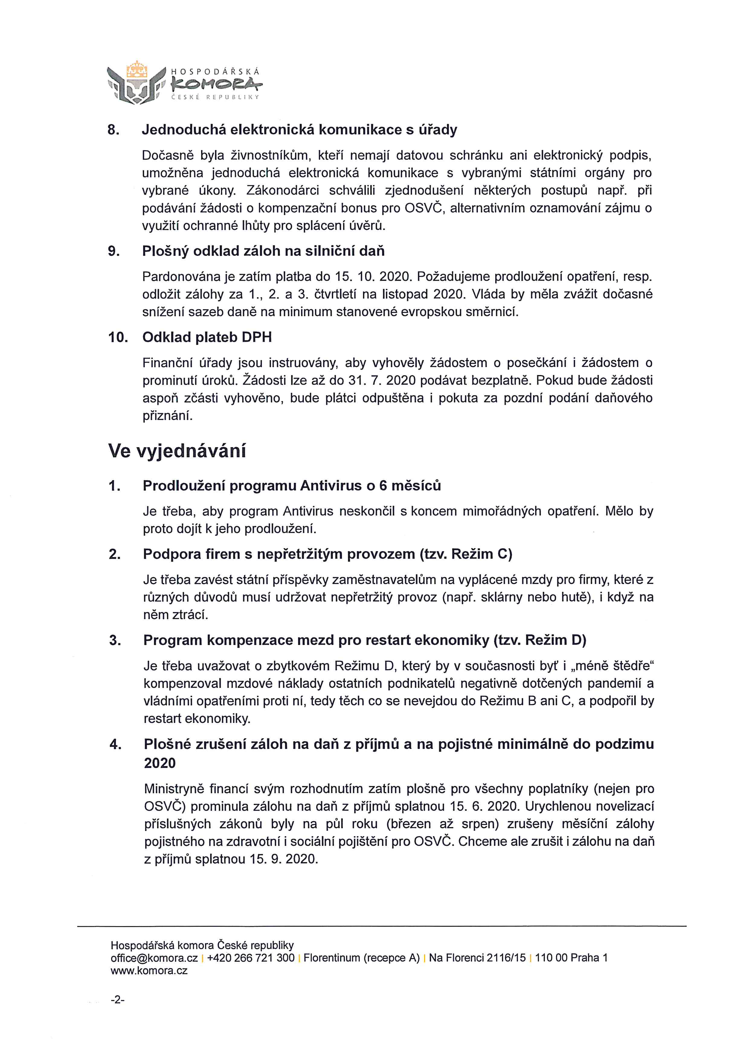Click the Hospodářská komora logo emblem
tap(136, 83)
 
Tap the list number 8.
tap(113, 130)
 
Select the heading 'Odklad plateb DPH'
tap(207, 337)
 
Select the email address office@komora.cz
tap(154, 958)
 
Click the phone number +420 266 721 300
tap(251, 958)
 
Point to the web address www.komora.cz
tap(149, 971)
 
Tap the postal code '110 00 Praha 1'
tap(571, 958)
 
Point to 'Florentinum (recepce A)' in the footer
tap(362, 958)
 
